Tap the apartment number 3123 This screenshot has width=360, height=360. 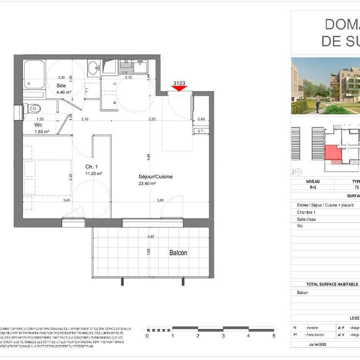coord(179,83)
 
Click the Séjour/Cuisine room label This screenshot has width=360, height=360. coord(155,177)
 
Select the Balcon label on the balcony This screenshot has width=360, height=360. coord(178,253)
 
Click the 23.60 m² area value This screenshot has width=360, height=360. coord(147,183)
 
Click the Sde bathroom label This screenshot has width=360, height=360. coord(61,86)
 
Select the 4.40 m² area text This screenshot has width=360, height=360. coord(64,92)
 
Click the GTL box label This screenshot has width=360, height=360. coord(201,131)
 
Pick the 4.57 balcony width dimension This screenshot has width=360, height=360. coord(150,237)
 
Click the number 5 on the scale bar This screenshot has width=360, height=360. coord(274,335)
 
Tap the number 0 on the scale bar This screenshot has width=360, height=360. coord(147,335)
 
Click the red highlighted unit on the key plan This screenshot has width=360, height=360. coord(332,152)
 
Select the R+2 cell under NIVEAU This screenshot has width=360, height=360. coord(313,187)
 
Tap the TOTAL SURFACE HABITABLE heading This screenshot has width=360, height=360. coord(332,284)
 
